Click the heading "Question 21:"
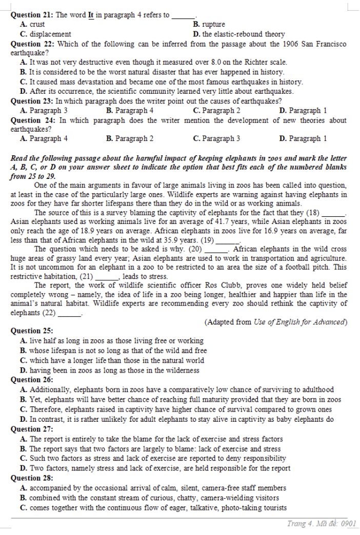tap(31, 15)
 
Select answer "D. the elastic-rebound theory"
tap(238, 34)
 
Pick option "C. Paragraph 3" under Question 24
tap(216, 138)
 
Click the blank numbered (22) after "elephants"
tap(70, 313)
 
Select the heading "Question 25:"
tap(32, 331)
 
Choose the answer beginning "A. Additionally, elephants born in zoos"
tap(176, 389)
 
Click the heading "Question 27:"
tap(32, 428)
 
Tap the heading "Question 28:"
tap(32, 478)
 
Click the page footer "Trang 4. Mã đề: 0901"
tap(321, 523)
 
